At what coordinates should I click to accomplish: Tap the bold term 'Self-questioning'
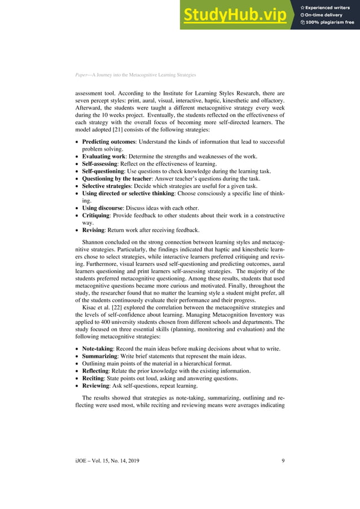[x=103, y=171]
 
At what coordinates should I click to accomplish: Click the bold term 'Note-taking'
[x=97, y=349]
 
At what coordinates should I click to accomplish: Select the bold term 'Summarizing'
[x=99, y=357]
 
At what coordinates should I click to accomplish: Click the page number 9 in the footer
[x=283, y=462]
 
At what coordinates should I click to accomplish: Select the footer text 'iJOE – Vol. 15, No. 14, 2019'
[x=107, y=462]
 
